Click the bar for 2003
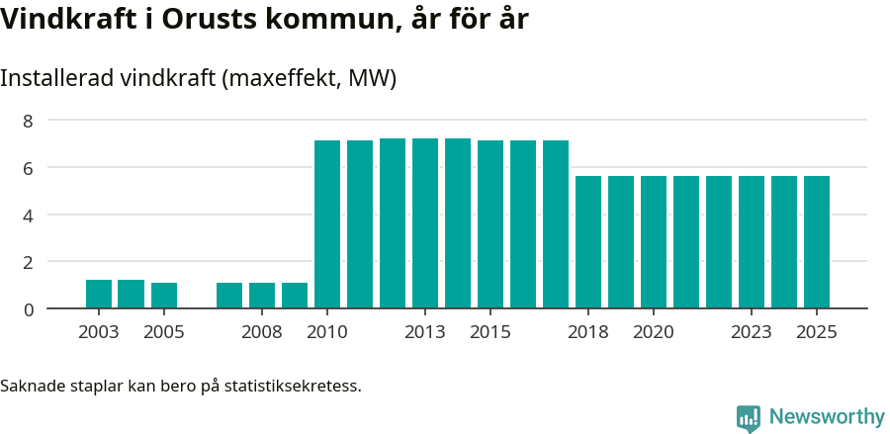pos(99,295)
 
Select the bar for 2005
pos(164,296)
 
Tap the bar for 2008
pos(262,296)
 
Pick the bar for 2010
pos(327,224)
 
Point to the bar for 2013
pos(425,223)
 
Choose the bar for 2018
pos(588,242)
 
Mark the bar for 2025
pos(817,242)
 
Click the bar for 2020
pos(654,242)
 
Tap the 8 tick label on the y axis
pos(29,121)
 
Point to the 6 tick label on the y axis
pos(29,168)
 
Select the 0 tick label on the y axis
pos(29,309)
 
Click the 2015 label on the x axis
pos(489,332)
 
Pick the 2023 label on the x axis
pos(752,332)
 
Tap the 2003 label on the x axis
pos(99,332)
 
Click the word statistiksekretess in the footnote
pos(293,385)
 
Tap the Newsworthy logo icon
pos(749,417)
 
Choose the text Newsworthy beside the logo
pos(827,417)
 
